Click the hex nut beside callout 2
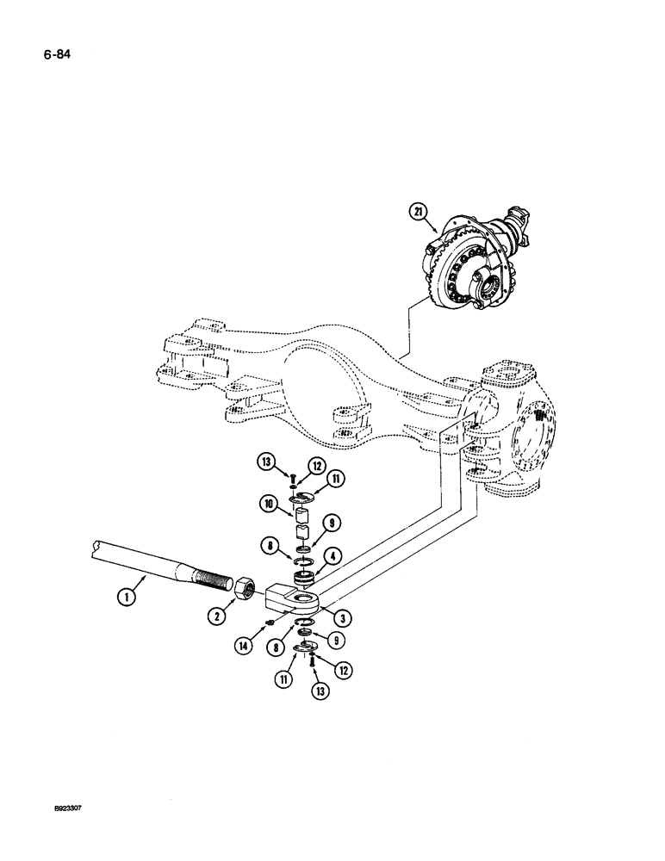[x=243, y=589]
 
